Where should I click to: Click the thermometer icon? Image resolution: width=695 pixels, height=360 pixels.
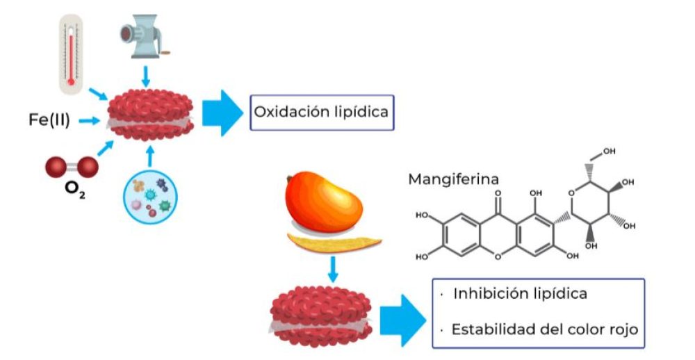tap(71, 54)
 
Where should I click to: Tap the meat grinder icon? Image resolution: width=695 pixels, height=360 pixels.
tap(145, 36)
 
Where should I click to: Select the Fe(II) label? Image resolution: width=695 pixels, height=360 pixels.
tap(49, 120)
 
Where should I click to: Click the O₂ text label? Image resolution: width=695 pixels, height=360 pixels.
tap(74, 189)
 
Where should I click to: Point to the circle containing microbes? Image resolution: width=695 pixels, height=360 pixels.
tap(150, 197)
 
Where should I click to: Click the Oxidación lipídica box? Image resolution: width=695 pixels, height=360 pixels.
tap(322, 113)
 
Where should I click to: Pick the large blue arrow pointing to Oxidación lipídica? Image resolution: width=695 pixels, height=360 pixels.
tap(222, 113)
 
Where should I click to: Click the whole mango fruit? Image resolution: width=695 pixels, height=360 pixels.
tap(324, 202)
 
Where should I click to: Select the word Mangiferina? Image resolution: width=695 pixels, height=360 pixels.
tap(453, 179)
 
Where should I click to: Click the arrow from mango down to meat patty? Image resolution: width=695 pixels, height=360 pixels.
tap(333, 269)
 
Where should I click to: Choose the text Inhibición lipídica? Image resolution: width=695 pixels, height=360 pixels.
tap(520, 293)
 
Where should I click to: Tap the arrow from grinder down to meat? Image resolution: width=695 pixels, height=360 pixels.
tap(145, 76)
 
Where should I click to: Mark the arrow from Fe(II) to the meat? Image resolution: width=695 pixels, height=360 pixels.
tap(90, 121)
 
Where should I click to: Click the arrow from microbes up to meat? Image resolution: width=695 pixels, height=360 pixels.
tap(150, 156)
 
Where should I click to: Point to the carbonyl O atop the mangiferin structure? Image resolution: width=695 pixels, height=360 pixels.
tap(498, 193)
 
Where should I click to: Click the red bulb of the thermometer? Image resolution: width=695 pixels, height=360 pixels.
tap(71, 81)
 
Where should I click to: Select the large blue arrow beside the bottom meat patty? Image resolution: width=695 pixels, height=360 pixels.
tap(403, 320)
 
